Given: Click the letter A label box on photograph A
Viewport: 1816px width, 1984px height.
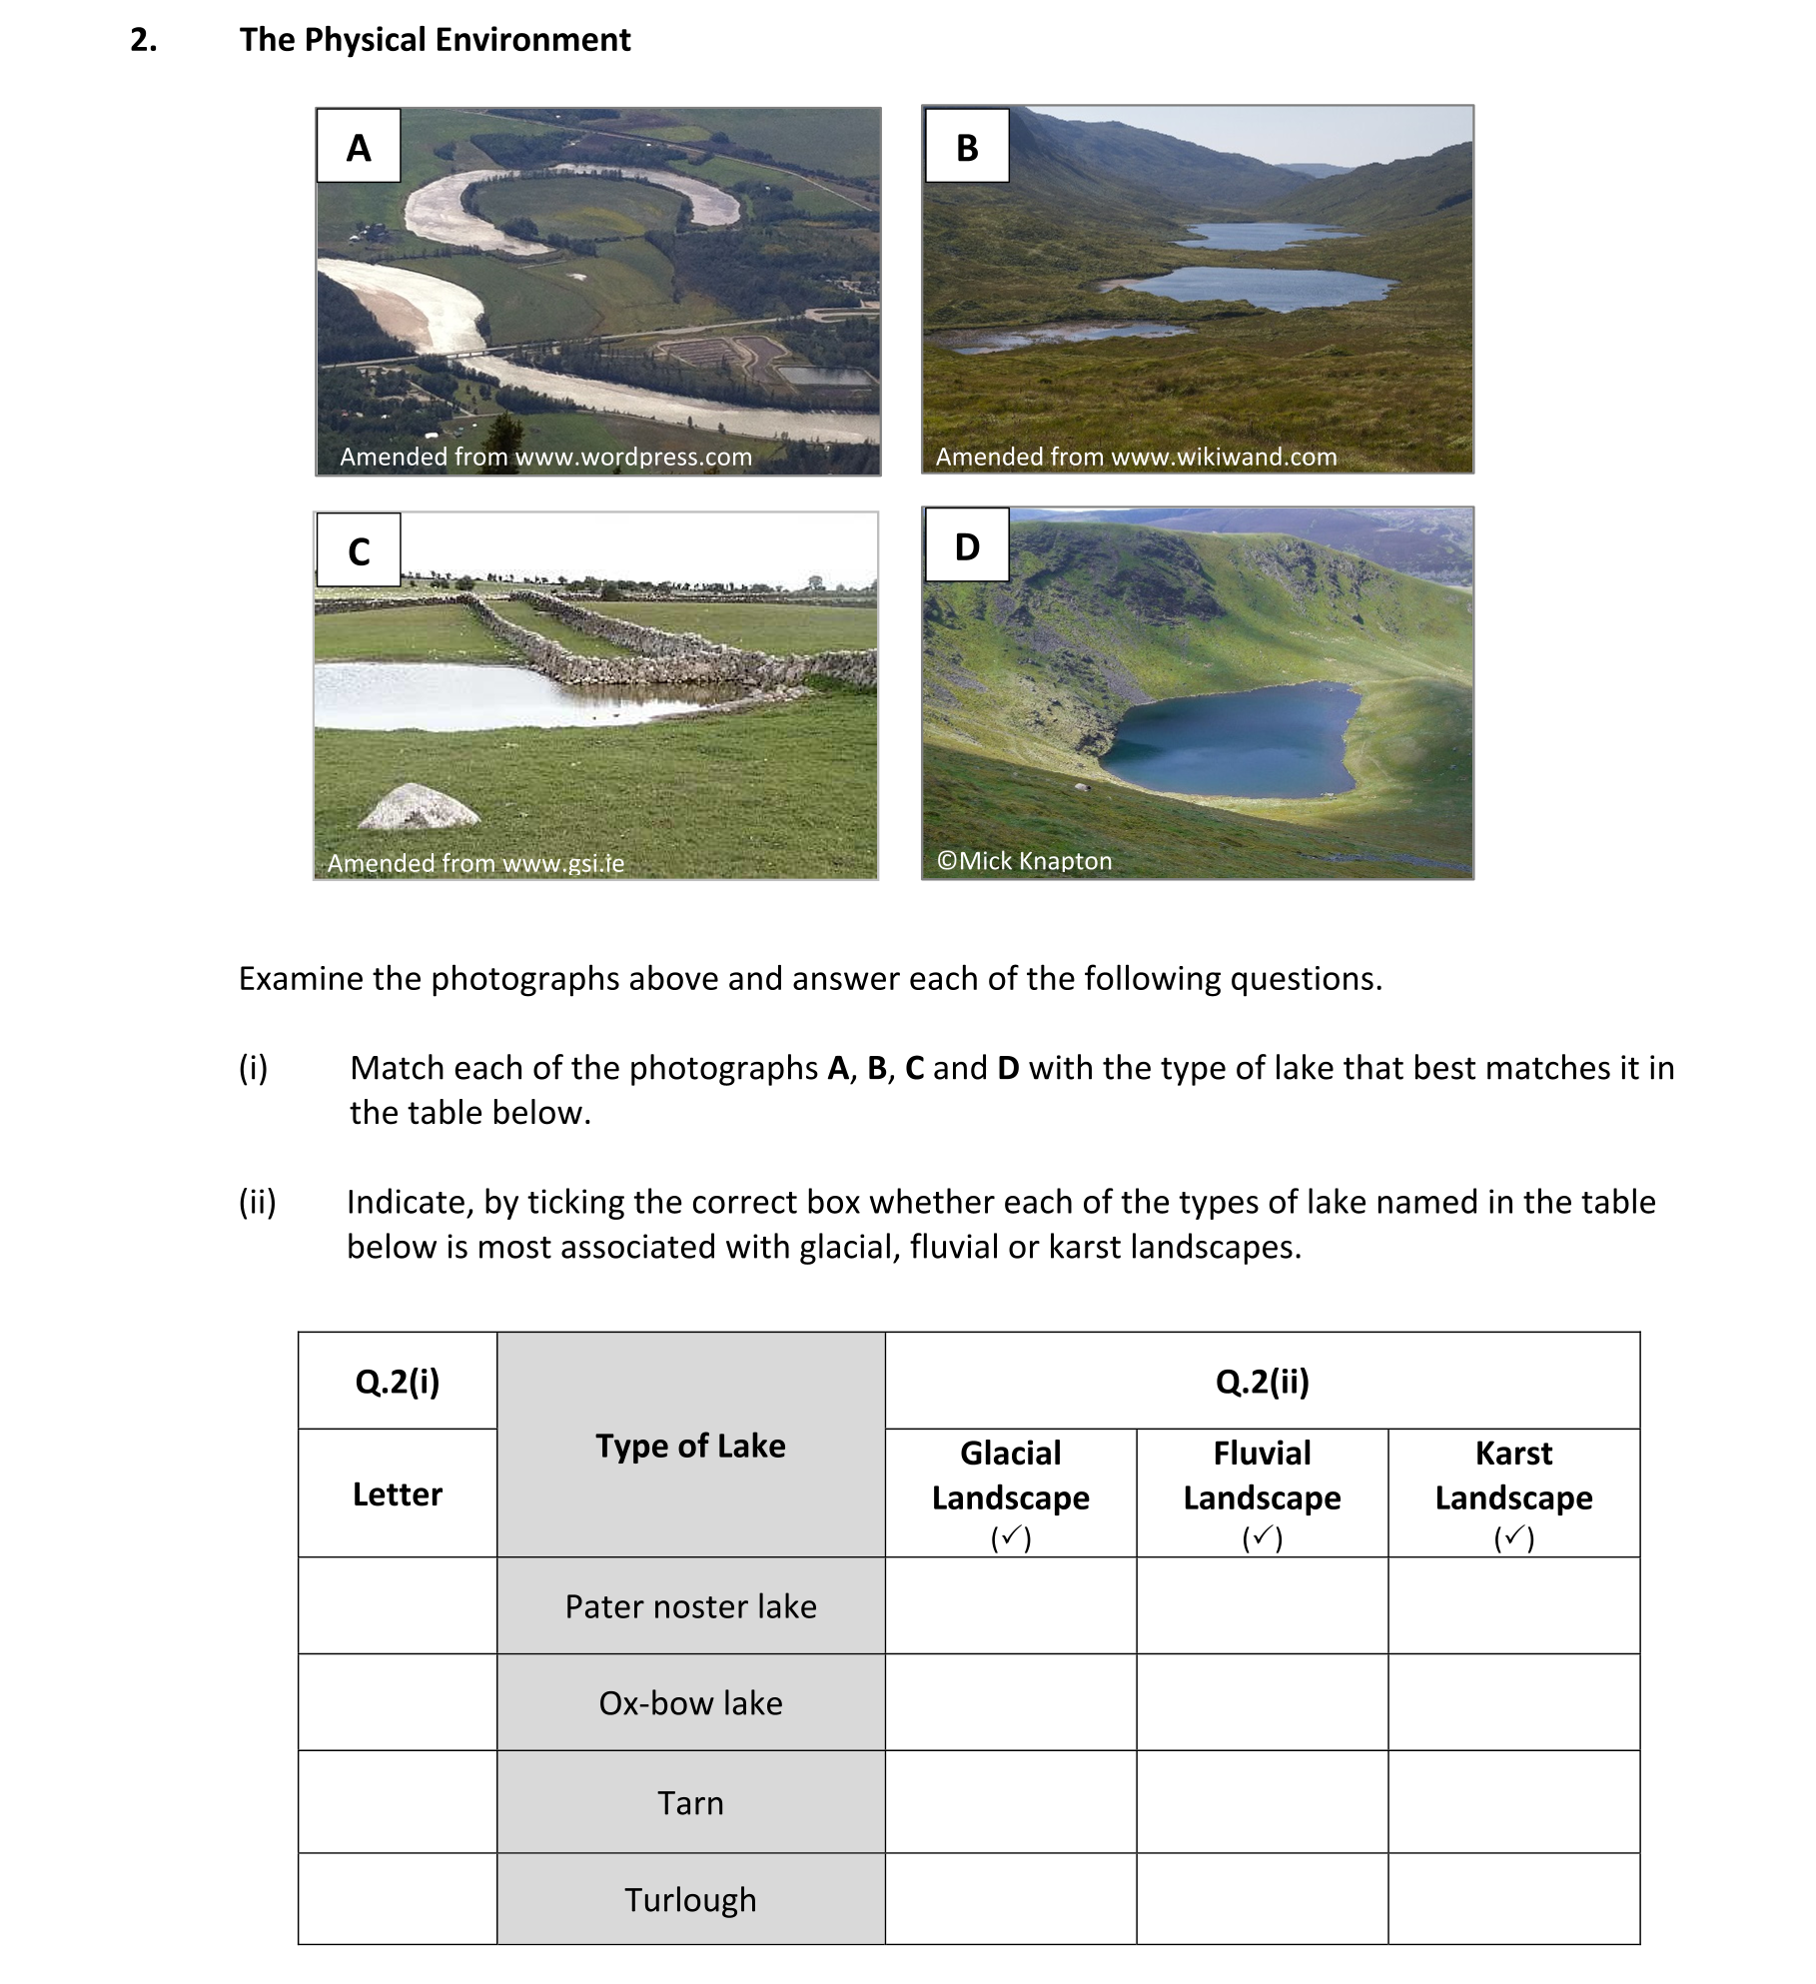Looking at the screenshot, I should (359, 147).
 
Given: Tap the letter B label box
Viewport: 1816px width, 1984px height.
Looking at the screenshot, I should (966, 147).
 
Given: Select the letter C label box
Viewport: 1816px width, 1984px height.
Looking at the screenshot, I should (359, 550).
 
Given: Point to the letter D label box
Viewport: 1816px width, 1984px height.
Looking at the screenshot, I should (966, 546).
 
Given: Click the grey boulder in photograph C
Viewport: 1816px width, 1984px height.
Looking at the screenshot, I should (419, 807).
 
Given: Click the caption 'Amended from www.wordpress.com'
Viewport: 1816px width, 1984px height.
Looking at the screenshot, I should (545, 458).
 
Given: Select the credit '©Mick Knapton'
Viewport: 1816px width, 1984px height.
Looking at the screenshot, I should (1024, 861).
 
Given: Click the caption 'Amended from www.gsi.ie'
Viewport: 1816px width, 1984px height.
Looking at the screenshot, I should (475, 863).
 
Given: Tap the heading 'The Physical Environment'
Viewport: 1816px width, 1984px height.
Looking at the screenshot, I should (435, 40).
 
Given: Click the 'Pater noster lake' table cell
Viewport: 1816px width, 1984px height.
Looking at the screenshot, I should (690, 1606).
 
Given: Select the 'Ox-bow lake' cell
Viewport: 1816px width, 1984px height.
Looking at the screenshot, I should (690, 1703).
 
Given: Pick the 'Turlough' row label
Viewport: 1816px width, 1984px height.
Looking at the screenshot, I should (690, 1899).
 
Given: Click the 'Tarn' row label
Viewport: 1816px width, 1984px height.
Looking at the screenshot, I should (690, 1803).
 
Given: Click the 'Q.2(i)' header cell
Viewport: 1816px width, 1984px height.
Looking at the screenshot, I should (398, 1382).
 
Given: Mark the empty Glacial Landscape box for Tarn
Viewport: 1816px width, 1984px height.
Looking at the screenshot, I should (1010, 1803).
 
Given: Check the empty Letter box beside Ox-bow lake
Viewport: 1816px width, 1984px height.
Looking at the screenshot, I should (398, 1703).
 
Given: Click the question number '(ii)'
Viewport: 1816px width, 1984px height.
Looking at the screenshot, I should (257, 1202).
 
